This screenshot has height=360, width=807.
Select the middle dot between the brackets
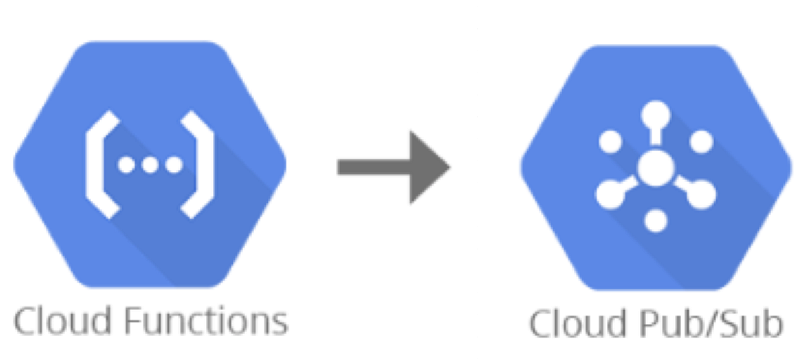point(150,165)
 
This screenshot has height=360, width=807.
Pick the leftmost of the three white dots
point(126,165)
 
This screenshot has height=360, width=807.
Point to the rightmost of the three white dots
point(174,165)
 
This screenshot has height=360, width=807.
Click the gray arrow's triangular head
point(428,167)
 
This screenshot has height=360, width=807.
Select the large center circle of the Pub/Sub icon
point(655,168)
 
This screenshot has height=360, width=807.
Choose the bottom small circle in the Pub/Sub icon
point(655,220)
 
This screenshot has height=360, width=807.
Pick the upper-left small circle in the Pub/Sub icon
point(610,142)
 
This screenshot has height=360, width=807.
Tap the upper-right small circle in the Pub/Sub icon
point(701,142)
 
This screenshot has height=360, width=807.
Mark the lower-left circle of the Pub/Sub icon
point(609,194)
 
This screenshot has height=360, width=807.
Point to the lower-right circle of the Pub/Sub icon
point(702,194)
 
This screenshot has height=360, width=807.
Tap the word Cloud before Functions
point(63,322)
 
